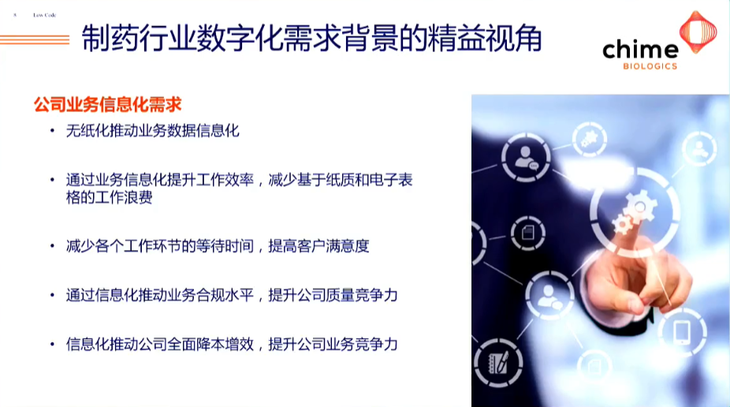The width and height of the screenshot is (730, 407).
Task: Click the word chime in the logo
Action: pos(639,50)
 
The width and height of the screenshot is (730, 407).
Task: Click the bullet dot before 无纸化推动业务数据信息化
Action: pos(52,132)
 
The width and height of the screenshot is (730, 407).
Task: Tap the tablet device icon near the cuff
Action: pos(681,332)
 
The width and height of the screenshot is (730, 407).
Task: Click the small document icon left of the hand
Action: pos(523,232)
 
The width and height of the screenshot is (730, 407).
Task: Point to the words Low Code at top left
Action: pos(44,15)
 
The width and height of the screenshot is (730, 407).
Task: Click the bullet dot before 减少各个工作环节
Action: pos(52,247)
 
